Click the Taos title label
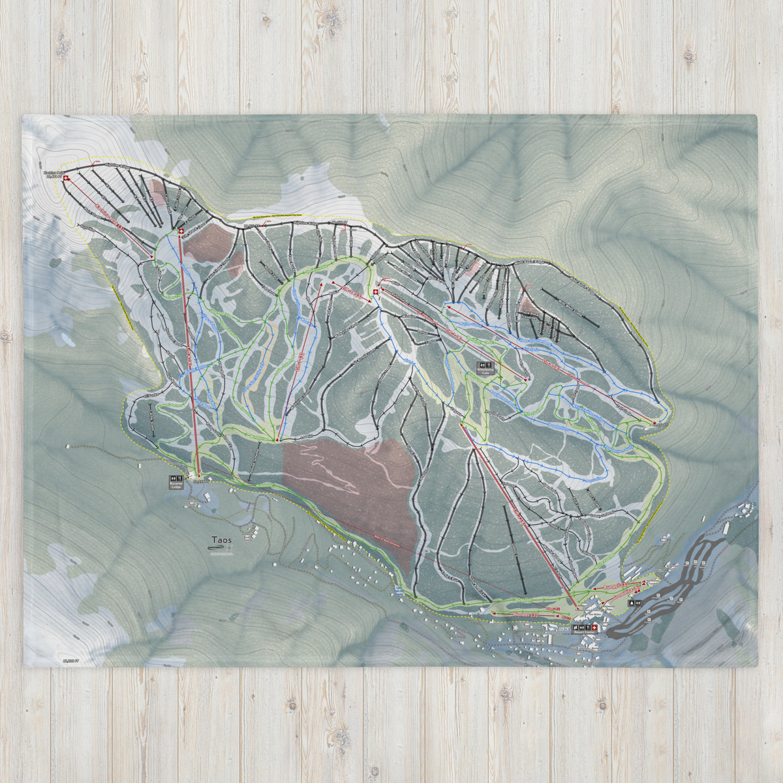(x=221, y=540)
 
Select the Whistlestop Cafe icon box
(x=486, y=367)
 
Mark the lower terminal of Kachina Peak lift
(x=153, y=258)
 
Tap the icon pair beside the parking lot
(x=636, y=604)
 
